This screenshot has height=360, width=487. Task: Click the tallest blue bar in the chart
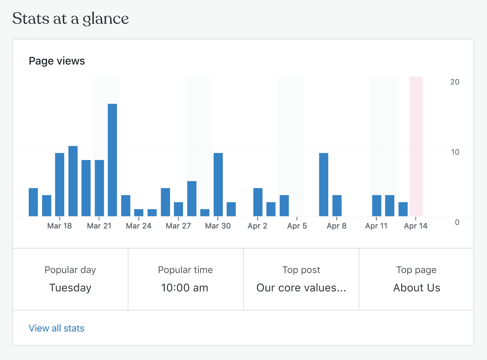pyautogui.click(x=112, y=160)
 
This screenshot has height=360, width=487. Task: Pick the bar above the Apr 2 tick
pyautogui.click(x=258, y=202)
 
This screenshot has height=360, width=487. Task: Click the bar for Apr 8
pyautogui.click(x=337, y=205)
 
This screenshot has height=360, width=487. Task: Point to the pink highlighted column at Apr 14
pyautogui.click(x=416, y=146)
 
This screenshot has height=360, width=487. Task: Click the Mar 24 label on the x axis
pyautogui.click(x=139, y=226)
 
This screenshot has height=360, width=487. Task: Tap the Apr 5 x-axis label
pyautogui.click(x=297, y=226)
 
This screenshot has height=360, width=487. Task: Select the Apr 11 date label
pyautogui.click(x=376, y=226)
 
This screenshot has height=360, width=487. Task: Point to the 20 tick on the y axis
pyautogui.click(x=455, y=82)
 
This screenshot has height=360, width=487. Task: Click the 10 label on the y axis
pyautogui.click(x=455, y=152)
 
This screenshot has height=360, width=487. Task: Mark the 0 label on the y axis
pyautogui.click(x=457, y=222)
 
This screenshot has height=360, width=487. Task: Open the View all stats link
pyautogui.click(x=57, y=328)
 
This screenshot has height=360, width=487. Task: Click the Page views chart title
pyautogui.click(x=57, y=61)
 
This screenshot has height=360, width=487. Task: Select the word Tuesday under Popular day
pyautogui.click(x=70, y=288)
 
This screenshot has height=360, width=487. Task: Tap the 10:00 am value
pyautogui.click(x=185, y=288)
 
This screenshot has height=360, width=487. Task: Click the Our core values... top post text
pyautogui.click(x=301, y=288)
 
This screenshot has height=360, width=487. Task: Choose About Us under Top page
pyautogui.click(x=417, y=288)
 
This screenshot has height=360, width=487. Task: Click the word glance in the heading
pyautogui.click(x=106, y=19)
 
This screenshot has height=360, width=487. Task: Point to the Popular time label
pyautogui.click(x=185, y=270)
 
